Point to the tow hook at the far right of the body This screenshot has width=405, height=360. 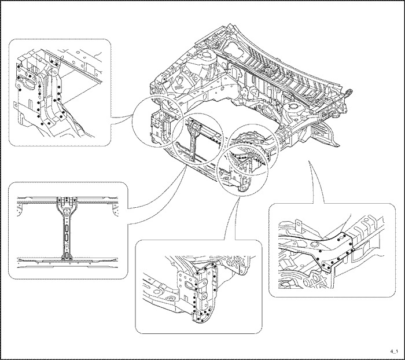[x=349, y=92]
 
